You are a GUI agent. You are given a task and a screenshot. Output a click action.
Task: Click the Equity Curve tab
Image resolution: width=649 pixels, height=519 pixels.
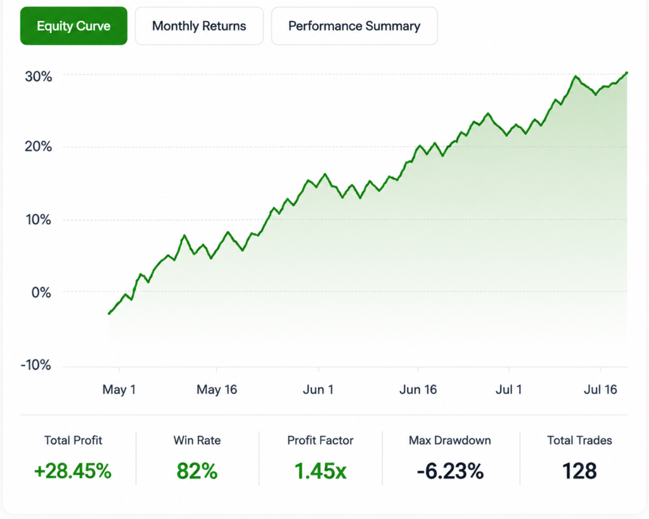coord(74,25)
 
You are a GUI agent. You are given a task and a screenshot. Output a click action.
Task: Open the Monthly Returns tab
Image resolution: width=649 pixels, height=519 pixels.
coord(199,25)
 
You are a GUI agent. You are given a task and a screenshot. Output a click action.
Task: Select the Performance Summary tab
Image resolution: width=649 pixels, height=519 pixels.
coord(354,25)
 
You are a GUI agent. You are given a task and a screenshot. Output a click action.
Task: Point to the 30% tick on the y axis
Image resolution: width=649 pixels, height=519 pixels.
coord(39,77)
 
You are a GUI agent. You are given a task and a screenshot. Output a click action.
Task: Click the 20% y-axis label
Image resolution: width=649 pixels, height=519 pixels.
coord(39,146)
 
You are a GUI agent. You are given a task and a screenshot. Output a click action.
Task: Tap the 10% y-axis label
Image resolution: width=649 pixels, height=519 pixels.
coord(39,219)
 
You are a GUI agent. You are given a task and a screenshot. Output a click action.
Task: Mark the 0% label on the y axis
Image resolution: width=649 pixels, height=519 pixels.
coord(41,293)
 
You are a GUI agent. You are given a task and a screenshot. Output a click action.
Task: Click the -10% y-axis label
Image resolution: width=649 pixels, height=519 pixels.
coord(36,364)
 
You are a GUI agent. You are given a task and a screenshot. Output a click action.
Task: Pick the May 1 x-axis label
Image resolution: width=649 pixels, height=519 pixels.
coord(119,390)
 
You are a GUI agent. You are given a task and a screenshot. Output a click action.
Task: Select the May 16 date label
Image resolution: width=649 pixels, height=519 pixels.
coord(217,390)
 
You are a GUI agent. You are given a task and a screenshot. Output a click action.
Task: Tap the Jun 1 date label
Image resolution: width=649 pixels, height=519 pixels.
coord(318,390)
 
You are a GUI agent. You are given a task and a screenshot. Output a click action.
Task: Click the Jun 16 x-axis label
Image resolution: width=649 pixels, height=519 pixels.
coord(418,390)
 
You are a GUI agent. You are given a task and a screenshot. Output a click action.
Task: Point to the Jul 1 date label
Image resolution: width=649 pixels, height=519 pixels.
coord(509,390)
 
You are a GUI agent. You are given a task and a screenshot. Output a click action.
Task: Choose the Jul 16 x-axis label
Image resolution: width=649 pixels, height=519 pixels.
coord(600,390)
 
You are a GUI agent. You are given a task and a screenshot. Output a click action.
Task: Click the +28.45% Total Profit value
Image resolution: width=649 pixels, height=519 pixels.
coord(73,471)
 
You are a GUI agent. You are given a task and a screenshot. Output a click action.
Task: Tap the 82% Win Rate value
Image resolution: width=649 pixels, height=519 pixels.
coord(197,471)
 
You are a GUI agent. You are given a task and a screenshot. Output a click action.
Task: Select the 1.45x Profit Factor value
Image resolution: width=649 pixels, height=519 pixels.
coord(320,471)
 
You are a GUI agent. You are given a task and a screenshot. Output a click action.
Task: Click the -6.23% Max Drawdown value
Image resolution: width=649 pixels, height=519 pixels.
coord(450,471)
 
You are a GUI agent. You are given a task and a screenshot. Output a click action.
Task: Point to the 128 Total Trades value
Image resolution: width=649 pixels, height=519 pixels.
coord(579,471)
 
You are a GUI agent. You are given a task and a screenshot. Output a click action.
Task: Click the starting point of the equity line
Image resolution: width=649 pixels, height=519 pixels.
coord(109,313)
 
